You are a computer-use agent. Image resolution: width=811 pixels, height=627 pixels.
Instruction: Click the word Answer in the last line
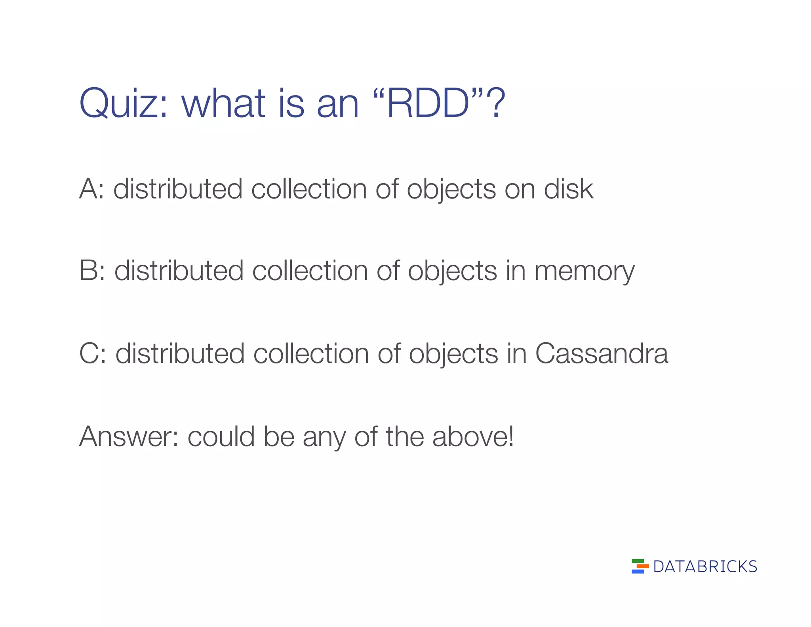128,436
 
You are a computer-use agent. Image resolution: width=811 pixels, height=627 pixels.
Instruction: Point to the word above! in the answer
473,436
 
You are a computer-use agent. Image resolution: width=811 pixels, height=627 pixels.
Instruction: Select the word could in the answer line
221,436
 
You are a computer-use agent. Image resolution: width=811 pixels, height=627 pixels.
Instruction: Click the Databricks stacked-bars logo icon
640,566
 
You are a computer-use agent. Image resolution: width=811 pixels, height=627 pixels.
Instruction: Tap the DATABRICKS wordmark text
705,567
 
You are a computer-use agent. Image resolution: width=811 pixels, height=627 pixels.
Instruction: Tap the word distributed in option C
180,354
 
